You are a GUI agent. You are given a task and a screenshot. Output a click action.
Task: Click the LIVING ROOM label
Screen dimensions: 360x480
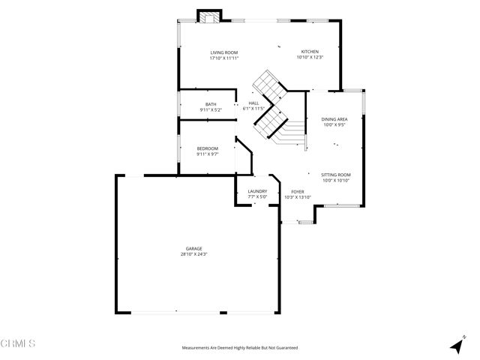[223, 52]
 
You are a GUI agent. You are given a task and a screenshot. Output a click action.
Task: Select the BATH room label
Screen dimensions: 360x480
[211, 104]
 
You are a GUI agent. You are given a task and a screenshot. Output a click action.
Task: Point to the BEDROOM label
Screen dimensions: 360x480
[207, 149]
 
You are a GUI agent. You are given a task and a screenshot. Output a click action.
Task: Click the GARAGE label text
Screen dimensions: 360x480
[194, 248]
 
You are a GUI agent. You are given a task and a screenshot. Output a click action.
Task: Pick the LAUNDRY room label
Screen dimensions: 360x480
[257, 191]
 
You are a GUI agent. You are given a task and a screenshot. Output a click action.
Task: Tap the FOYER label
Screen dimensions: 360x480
[297, 191]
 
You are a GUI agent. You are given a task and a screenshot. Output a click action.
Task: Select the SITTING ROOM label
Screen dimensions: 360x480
[336, 174]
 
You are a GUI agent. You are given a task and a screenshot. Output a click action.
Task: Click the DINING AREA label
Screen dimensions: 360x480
[334, 119]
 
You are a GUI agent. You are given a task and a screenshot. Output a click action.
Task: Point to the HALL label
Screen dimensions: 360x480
[253, 103]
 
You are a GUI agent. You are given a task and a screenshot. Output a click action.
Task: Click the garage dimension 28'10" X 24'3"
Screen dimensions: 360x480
[194, 254]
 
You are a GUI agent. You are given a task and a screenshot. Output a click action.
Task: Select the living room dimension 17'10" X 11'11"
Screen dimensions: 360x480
[223, 58]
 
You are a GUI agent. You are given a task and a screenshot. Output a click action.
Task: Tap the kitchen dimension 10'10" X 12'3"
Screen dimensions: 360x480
[309, 58]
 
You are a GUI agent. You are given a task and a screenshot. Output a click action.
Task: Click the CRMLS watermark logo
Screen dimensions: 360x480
[18, 344]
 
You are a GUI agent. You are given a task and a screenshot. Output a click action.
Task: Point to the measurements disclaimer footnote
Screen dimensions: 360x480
[239, 348]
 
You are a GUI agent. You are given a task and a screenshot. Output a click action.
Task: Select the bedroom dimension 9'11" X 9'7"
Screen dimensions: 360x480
[207, 154]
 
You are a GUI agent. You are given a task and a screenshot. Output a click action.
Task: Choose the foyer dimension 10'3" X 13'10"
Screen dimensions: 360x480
[297, 197]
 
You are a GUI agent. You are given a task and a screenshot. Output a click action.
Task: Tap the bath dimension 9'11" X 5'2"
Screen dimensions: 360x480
[211, 110]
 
